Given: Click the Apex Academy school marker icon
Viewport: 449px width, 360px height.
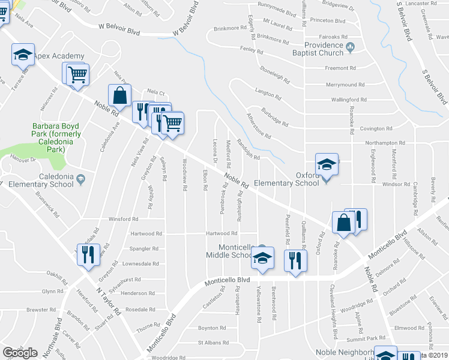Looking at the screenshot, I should coord(23,55).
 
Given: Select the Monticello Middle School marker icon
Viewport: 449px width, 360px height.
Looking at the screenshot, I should coord(262,257).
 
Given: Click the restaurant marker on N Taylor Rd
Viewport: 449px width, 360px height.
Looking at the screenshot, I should coord(89,254).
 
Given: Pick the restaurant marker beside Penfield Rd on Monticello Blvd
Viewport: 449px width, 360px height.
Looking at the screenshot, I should coord(295,260).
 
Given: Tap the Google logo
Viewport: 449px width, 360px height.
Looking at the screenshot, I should coord(20,353).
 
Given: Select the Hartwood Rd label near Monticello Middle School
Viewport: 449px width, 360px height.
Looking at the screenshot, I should coord(222,233).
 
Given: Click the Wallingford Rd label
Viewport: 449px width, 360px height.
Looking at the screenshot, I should coord(349,100).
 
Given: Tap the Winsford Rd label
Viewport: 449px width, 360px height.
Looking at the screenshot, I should coord(123,219).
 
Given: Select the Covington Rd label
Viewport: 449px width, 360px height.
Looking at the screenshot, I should coord(376,128).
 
